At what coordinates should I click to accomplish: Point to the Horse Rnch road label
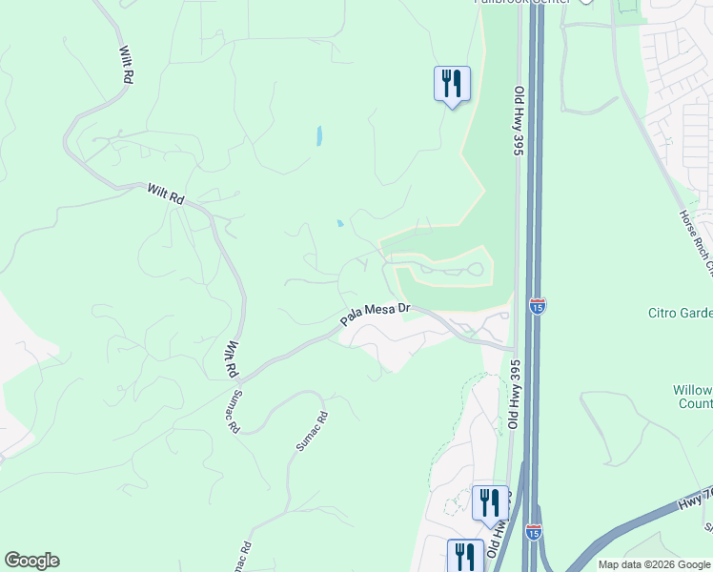click(695, 242)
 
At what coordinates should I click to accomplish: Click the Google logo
click(31, 561)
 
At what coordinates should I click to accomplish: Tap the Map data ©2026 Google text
click(654, 564)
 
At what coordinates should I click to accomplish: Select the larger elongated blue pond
click(318, 136)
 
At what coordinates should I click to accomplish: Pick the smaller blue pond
click(340, 225)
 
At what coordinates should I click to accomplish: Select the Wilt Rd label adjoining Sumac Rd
click(230, 361)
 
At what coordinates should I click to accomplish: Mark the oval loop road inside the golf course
click(443, 271)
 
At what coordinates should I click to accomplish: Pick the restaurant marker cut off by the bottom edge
click(465, 555)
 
